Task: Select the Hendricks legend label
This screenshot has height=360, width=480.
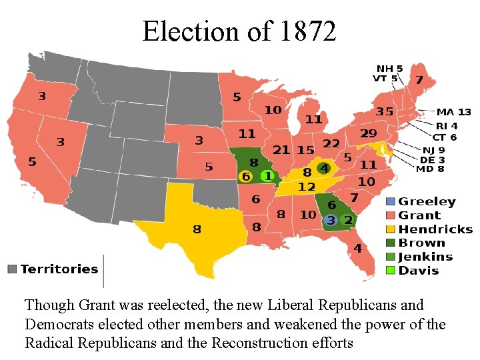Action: (x=435, y=229)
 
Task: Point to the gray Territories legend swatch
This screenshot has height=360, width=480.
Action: (x=11, y=269)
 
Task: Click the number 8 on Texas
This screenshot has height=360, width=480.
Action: (x=197, y=229)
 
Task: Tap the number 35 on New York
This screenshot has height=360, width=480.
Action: (x=384, y=111)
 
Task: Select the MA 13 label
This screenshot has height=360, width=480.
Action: (x=453, y=112)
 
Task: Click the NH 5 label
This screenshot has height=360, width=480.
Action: (x=389, y=69)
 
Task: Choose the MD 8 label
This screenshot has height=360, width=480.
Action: (x=430, y=169)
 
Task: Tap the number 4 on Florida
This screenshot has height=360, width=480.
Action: (x=358, y=249)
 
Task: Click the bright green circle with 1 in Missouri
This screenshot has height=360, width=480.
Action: (x=267, y=176)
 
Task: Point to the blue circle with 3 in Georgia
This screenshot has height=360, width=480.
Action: (x=329, y=220)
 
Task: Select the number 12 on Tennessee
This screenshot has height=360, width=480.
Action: (x=306, y=186)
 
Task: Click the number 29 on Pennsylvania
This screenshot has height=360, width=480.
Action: (x=369, y=134)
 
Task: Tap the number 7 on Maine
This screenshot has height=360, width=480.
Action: (x=419, y=80)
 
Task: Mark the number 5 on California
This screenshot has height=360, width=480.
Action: (x=32, y=161)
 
